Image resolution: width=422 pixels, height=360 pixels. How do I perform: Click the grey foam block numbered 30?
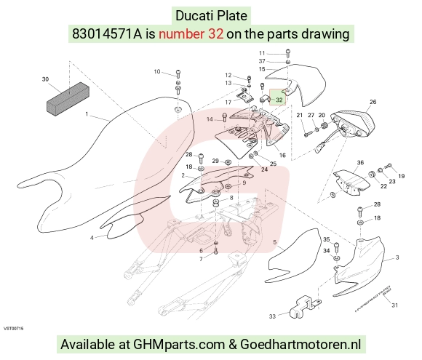pyautogui.click(x=68, y=99)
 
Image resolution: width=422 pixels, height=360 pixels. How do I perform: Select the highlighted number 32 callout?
pyautogui.click(x=279, y=100)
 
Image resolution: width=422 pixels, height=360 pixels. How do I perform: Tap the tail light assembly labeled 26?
pyautogui.click(x=353, y=124)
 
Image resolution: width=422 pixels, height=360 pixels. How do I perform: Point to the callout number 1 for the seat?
pyautogui.click(x=87, y=114)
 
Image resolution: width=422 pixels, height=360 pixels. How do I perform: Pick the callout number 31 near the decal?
pyautogui.click(x=394, y=305)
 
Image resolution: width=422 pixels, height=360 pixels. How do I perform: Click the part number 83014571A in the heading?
pyautogui.click(x=107, y=34)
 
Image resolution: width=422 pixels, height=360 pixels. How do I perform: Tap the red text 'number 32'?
pyautogui.click(x=191, y=34)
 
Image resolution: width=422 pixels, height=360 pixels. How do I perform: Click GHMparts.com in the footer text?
pyautogui.click(x=179, y=344)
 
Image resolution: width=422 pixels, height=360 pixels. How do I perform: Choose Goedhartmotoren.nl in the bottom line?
pyautogui.click(x=300, y=344)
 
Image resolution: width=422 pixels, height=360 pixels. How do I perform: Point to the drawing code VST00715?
pyautogui.click(x=13, y=328)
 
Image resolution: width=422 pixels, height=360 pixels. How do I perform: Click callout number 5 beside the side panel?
pyautogui.click(x=274, y=242)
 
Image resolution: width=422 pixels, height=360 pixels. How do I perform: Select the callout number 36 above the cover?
pyautogui.click(x=360, y=162)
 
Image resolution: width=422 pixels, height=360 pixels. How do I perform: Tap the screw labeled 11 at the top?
pyautogui.click(x=288, y=53)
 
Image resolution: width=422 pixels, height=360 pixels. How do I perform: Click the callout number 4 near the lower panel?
pyautogui.click(x=92, y=238)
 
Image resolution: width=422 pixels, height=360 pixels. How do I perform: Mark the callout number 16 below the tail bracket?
pyautogui.click(x=282, y=155)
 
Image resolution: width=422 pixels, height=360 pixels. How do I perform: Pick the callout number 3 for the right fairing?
pyautogui.click(x=397, y=257)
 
